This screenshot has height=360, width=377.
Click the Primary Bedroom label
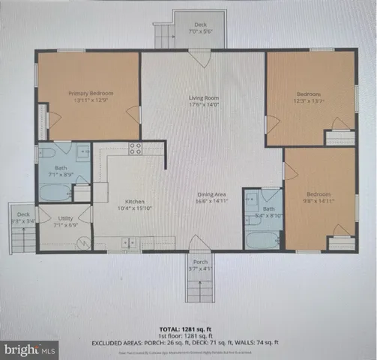[89, 94]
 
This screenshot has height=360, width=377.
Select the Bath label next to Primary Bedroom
[62, 169]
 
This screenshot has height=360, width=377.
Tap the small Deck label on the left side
[23, 214]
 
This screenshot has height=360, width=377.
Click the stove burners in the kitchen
[136, 148]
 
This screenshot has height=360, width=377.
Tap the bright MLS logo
[30, 349]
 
